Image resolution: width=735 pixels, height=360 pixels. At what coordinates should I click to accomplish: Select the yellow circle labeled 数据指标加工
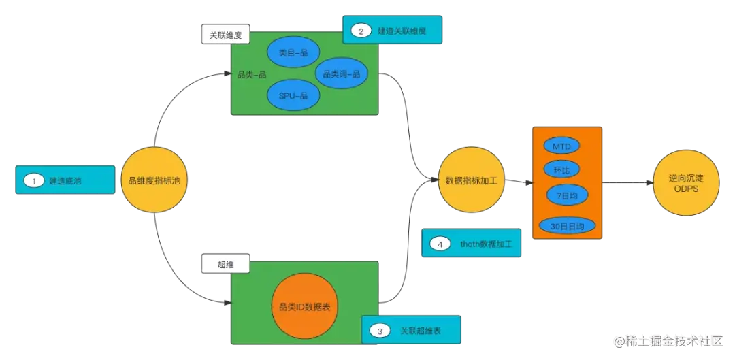point(472,181)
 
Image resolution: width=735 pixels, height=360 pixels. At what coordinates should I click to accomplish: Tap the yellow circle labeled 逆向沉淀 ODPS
point(686,182)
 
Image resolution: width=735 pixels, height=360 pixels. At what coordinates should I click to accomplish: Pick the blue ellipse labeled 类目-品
point(293,52)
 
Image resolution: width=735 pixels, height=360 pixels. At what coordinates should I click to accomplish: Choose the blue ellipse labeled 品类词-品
point(341,74)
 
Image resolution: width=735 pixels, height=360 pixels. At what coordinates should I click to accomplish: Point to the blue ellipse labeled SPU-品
point(293,96)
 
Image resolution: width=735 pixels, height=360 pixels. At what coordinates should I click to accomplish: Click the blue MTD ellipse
point(561,146)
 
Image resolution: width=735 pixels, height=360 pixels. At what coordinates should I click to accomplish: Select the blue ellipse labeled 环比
point(561,169)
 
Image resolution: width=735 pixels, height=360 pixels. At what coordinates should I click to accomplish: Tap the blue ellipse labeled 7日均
point(567,196)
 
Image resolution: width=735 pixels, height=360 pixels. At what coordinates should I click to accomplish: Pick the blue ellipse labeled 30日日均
point(567,225)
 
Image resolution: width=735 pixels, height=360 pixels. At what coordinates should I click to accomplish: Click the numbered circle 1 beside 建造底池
point(33,181)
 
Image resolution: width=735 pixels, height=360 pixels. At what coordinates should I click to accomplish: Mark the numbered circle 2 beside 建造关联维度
point(361,31)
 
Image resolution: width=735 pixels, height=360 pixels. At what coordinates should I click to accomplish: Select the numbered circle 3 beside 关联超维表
point(380,331)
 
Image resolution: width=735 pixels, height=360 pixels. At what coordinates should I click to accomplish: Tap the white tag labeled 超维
point(225,264)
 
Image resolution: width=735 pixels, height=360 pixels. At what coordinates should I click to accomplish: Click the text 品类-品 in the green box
point(251,75)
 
